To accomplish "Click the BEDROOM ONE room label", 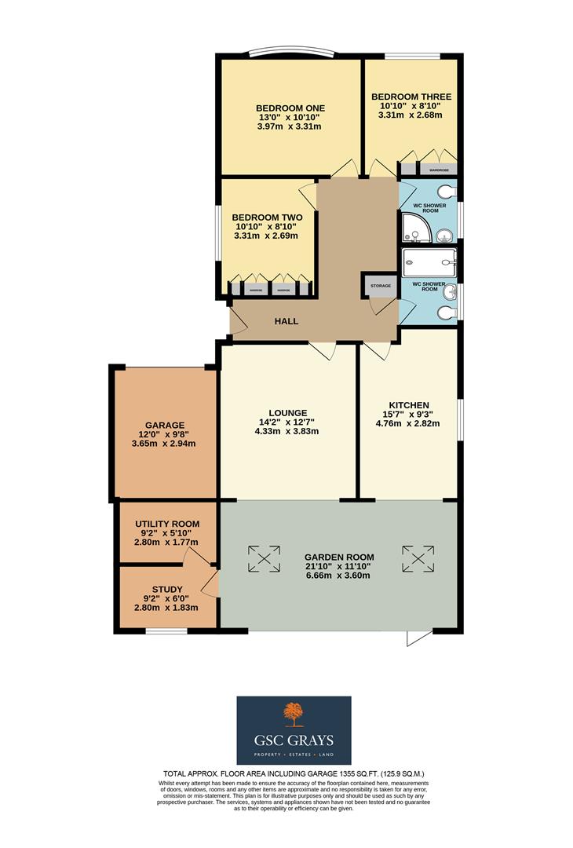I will coord(290,108).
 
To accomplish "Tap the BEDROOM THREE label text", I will coord(411,97).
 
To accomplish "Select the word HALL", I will coord(286,321).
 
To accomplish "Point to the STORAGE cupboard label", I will coord(380,286).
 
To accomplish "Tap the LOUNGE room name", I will coord(288,413).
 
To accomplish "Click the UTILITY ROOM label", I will coord(167,524).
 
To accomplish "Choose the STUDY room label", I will coord(167,590).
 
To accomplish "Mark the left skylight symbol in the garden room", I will coord(264,559).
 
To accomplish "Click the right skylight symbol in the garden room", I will coord(418,559).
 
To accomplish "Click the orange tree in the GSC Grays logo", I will coord(294,715).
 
